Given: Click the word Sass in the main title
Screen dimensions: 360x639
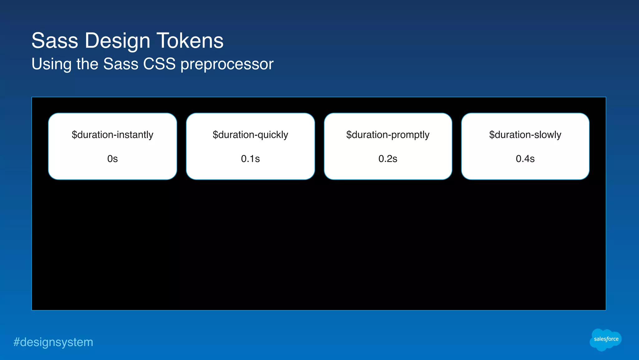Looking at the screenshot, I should click(55, 41).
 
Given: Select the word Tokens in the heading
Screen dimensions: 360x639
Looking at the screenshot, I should click(190, 41).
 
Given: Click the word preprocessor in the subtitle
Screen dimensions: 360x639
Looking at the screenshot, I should click(227, 64).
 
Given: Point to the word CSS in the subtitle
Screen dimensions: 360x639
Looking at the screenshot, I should click(159, 64).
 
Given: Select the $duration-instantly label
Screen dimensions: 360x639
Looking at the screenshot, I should click(112, 135).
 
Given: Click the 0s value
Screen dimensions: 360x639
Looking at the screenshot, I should click(112, 159).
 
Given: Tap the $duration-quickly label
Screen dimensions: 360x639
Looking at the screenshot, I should click(250, 135).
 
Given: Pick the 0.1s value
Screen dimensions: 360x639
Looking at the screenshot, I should click(250, 159).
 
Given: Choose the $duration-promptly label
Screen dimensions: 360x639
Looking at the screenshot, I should click(388, 135).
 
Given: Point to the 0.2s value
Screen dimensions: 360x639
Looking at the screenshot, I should click(388, 159).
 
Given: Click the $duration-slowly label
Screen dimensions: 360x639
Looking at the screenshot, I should click(525, 135).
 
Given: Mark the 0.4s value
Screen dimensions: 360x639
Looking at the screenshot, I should click(525, 159).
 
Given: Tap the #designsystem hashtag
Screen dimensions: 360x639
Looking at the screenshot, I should click(53, 342).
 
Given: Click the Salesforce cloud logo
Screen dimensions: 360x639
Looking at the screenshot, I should click(606, 340).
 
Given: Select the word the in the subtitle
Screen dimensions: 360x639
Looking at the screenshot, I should click(87, 64).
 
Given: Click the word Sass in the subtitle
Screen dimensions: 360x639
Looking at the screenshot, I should click(121, 64).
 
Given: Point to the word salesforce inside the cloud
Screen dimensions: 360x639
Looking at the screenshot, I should click(606, 339).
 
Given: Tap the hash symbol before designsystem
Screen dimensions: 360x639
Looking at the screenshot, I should click(16, 342).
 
